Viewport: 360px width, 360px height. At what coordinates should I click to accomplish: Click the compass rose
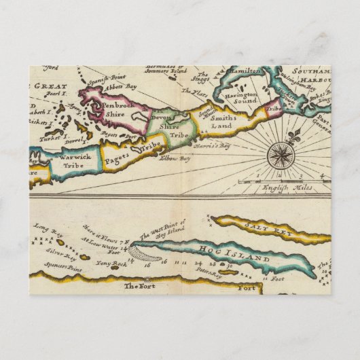coord(278,156)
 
